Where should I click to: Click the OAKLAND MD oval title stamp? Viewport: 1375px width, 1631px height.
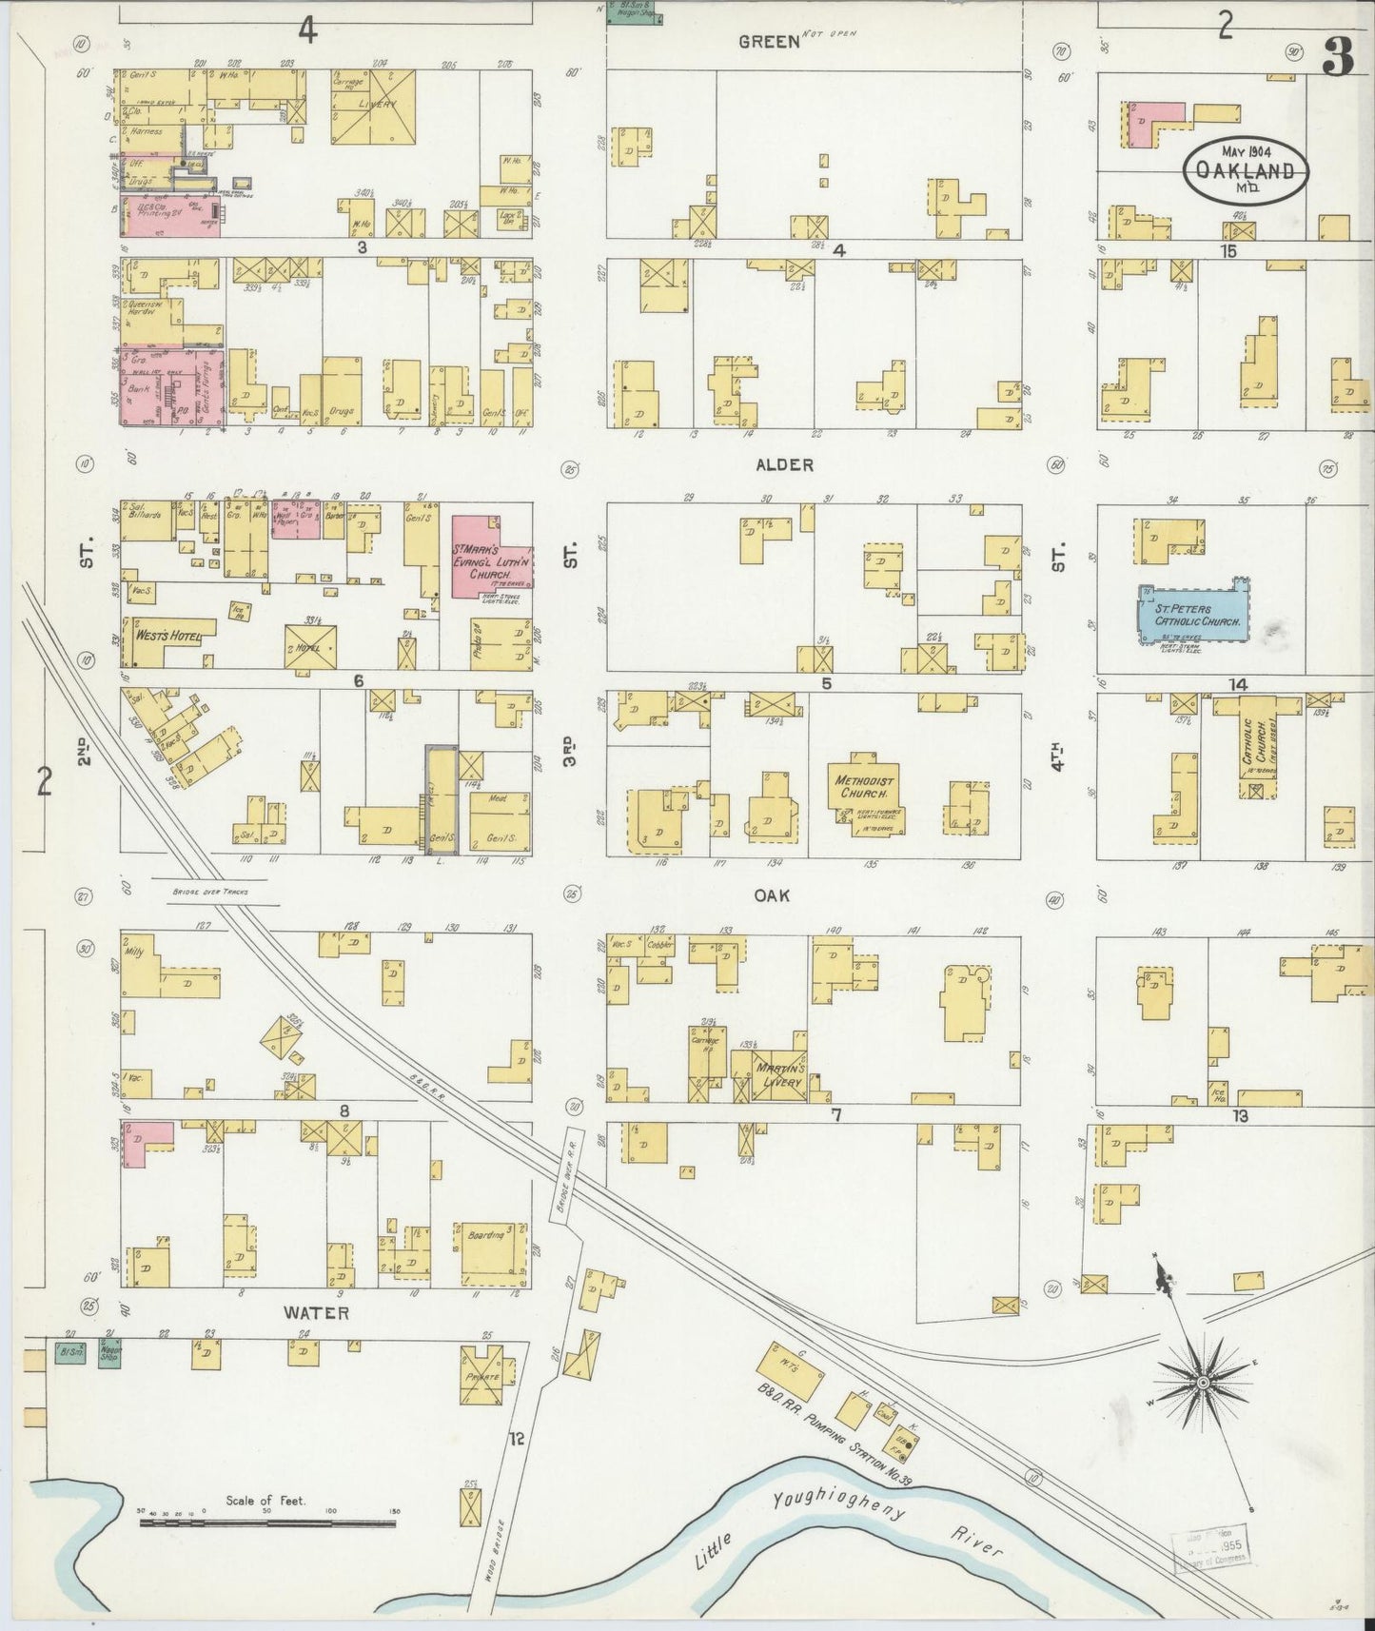tap(1246, 170)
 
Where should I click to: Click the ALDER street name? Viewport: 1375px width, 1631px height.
tap(784, 465)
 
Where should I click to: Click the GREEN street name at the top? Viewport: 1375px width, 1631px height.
tap(770, 41)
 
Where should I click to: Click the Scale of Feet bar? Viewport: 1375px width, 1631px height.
tap(266, 1523)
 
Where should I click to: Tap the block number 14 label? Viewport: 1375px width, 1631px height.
tap(1237, 684)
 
